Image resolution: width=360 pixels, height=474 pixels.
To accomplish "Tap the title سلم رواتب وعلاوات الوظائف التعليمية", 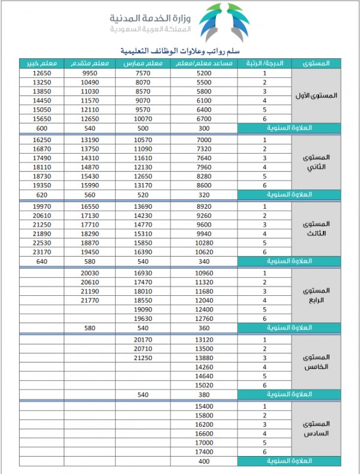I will click(x=180, y=50).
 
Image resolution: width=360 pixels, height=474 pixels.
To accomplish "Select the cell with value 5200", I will click(x=204, y=73).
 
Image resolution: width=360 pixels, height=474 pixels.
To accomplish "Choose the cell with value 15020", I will click(x=204, y=385).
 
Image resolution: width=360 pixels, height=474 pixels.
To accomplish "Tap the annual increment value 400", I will click(x=204, y=461).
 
